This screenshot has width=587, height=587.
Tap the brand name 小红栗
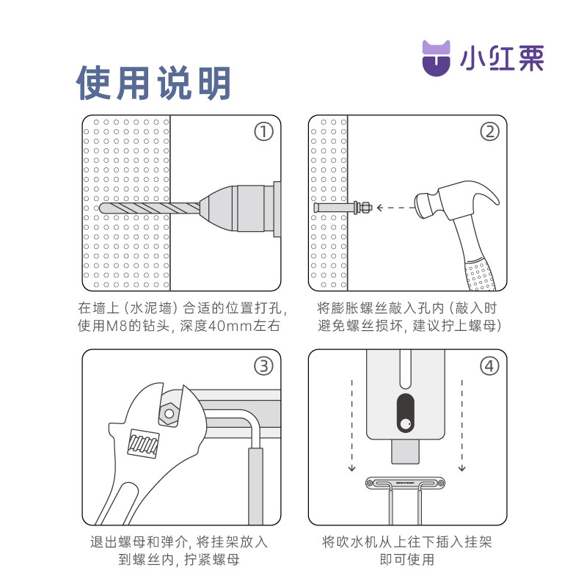[502, 59]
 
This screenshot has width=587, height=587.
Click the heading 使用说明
[153, 83]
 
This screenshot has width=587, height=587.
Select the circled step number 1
[263, 132]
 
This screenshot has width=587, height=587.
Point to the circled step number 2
[489, 132]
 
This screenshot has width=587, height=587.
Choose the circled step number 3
[263, 366]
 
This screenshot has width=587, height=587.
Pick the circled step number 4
[489, 366]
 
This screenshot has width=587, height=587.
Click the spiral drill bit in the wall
[150, 208]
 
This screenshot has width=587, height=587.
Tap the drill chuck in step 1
[240, 208]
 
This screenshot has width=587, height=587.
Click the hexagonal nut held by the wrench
[169, 414]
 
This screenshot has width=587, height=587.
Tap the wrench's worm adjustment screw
[143, 444]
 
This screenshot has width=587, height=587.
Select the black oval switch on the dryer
[406, 412]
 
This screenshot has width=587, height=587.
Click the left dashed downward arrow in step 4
[351, 426]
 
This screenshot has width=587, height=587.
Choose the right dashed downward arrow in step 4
[462, 426]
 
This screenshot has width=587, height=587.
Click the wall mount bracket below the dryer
[406, 484]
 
